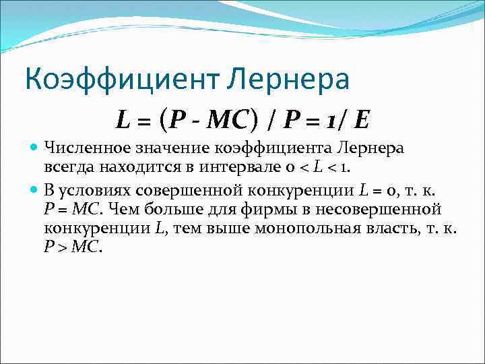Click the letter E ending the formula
point(362,121)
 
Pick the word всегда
point(66,166)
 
